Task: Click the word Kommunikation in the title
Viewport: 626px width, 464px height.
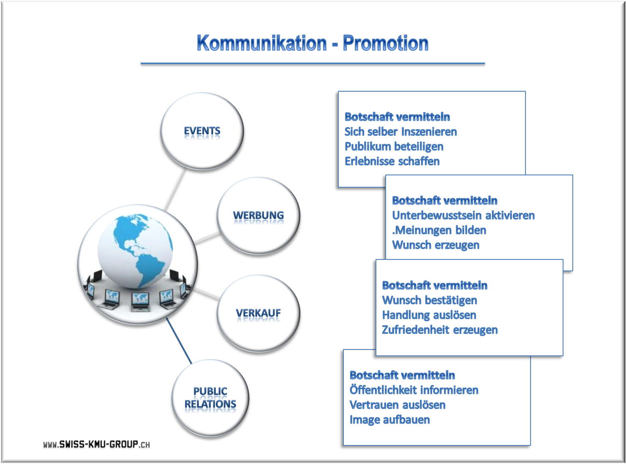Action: pyautogui.click(x=261, y=43)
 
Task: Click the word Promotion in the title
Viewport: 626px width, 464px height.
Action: pyautogui.click(x=386, y=43)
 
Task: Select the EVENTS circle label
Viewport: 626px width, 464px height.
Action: pyautogui.click(x=202, y=131)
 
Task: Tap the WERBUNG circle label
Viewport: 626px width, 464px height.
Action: pyautogui.click(x=258, y=215)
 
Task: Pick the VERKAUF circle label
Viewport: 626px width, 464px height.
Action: pyautogui.click(x=258, y=313)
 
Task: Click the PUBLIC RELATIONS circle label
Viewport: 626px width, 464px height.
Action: pyautogui.click(x=210, y=398)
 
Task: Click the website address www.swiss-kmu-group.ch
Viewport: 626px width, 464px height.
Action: pyautogui.click(x=97, y=444)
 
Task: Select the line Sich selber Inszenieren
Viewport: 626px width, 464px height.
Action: pyautogui.click(x=401, y=132)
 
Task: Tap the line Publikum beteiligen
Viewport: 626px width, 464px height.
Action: pyautogui.click(x=394, y=147)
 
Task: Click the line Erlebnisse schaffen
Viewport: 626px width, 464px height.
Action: pyautogui.click(x=392, y=161)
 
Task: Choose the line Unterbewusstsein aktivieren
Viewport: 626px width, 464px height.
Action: pyautogui.click(x=463, y=216)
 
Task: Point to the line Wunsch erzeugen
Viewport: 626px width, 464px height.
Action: pyautogui.click(x=436, y=245)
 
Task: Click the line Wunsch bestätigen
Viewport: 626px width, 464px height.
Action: pyautogui.click(x=430, y=300)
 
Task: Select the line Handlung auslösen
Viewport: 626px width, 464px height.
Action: pyautogui.click(x=429, y=315)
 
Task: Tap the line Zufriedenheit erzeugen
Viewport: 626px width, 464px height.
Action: pyautogui.click(x=440, y=330)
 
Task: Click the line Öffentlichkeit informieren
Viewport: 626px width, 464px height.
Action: pyautogui.click(x=414, y=390)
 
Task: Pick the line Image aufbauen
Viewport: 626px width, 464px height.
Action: pyautogui.click(x=390, y=420)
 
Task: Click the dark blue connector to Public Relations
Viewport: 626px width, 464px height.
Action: pyautogui.click(x=179, y=341)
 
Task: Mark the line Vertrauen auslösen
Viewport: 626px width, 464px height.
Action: pyautogui.click(x=397, y=405)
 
